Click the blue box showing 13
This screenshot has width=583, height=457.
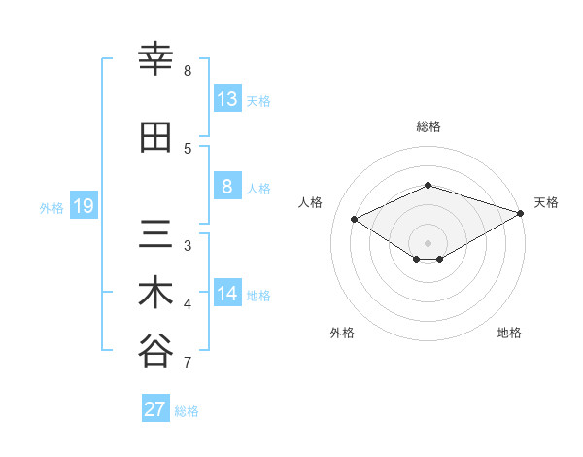pyautogui.click(x=227, y=99)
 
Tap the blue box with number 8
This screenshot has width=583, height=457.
pyautogui.click(x=227, y=187)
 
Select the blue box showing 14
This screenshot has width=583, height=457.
pyautogui.click(x=227, y=294)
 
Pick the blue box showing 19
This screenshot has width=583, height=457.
pyautogui.click(x=83, y=206)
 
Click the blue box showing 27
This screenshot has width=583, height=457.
pyautogui.click(x=155, y=409)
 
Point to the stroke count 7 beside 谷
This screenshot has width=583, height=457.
pyautogui.click(x=187, y=364)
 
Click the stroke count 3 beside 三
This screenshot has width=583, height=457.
pyautogui.click(x=188, y=245)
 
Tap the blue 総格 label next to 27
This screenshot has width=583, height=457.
pyautogui.click(x=187, y=411)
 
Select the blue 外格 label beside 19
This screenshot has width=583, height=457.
pyautogui.click(x=51, y=207)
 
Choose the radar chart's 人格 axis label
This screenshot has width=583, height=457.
pyautogui.click(x=311, y=202)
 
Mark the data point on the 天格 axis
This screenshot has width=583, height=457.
pyautogui.click(x=522, y=213)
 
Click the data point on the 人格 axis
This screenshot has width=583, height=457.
pyautogui.click(x=355, y=219)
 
